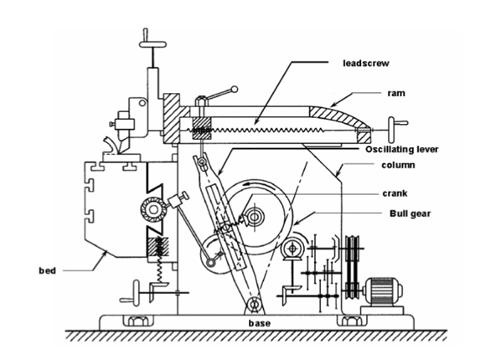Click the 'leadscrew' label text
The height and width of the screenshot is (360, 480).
coord(366,64)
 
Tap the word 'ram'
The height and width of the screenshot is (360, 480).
coord(396,93)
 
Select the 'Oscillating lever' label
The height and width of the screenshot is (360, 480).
coord(401,149)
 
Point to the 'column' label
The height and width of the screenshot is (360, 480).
coord(398,165)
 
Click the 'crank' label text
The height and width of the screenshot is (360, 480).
coord(395,193)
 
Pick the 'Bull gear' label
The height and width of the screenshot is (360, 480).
coord(410,213)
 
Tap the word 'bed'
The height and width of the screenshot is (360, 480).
coord(47,270)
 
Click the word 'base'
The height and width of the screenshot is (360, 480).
coord(260,323)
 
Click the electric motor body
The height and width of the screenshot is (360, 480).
coord(382,292)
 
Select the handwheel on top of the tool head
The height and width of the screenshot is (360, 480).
coord(152,44)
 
